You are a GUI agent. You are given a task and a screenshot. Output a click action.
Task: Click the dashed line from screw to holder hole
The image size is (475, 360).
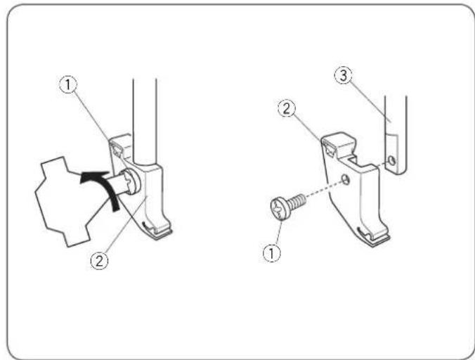pos(320,191)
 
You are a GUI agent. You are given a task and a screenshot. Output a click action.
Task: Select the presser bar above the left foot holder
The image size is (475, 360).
pos(145,105)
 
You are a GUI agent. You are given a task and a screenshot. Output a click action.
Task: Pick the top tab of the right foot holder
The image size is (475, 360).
pos(338,143)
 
